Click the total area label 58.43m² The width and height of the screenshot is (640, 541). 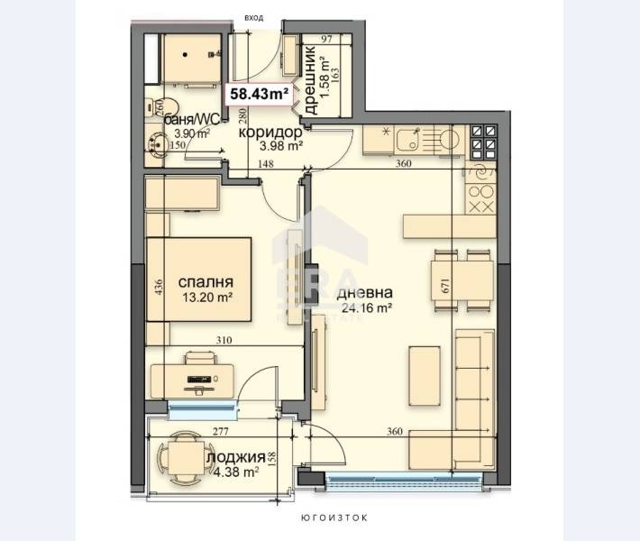(260, 93)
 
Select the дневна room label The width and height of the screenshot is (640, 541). (364, 293)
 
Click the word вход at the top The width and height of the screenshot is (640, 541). (255, 16)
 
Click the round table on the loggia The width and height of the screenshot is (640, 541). (183, 455)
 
